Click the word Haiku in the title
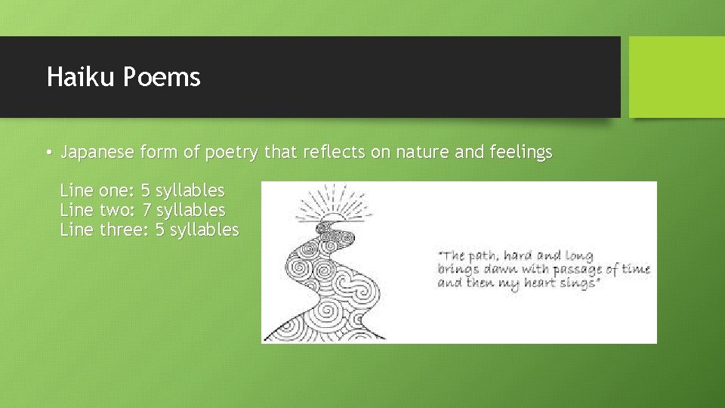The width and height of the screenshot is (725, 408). (73, 77)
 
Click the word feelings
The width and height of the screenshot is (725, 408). (521, 153)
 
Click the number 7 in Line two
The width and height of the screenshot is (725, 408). (147, 209)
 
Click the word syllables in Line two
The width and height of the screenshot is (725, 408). (190, 209)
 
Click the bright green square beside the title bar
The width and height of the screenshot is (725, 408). (676, 77)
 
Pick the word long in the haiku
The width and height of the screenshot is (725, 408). (579, 256)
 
